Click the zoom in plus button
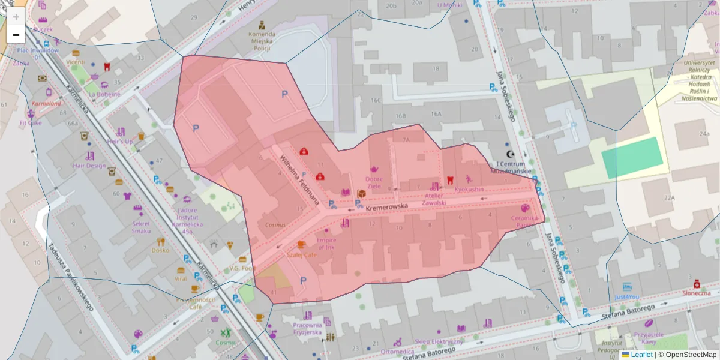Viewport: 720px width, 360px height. click(16, 17)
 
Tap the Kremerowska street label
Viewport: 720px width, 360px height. click(386, 207)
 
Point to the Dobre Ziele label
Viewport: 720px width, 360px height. click(374, 182)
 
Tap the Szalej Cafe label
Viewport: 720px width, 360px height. click(302, 254)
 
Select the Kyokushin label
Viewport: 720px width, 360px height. click(469, 190)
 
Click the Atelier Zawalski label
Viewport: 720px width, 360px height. click(433, 199)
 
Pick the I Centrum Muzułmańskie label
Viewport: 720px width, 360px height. click(511, 167)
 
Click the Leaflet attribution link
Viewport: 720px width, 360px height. click(641, 355)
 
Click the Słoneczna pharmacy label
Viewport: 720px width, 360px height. click(697, 293)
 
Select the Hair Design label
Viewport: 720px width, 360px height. click(89, 166)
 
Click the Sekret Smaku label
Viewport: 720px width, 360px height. click(141, 227)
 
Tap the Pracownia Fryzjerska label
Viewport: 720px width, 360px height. click(308, 328)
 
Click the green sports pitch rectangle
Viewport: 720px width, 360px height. click(632, 158)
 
